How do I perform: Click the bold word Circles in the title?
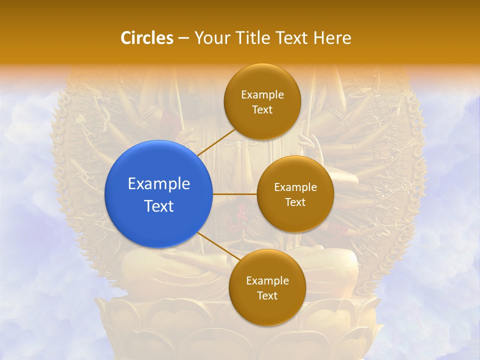click(x=147, y=38)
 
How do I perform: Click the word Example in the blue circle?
click(x=159, y=183)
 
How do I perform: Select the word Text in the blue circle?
click(x=159, y=206)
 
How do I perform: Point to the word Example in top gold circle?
click(x=262, y=94)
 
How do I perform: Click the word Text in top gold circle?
click(x=262, y=109)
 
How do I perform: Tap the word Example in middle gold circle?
click(x=295, y=187)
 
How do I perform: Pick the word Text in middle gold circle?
click(x=295, y=202)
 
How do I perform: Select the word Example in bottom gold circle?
click(x=267, y=280)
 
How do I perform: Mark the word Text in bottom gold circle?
click(x=267, y=295)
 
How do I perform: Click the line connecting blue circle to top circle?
click(x=216, y=142)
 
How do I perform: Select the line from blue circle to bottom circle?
click(x=218, y=248)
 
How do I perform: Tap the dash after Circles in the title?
click(x=183, y=38)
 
